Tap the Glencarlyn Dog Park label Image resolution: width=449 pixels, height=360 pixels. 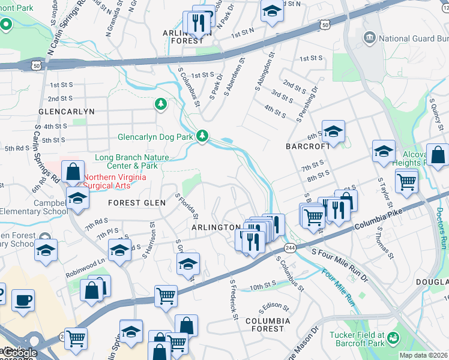point(155,137)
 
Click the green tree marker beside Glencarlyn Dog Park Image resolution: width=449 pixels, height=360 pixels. point(203,136)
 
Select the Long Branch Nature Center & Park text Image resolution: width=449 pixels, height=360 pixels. point(131,161)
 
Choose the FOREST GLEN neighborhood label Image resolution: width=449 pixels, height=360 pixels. point(137,203)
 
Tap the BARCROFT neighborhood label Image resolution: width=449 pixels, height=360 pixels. point(309,146)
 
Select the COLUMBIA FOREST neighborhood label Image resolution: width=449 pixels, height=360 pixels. point(268,325)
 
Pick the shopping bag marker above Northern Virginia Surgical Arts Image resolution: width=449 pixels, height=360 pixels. point(73,172)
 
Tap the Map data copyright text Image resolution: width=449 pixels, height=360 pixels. point(423,355)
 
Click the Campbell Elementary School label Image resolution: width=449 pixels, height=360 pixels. point(34,207)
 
